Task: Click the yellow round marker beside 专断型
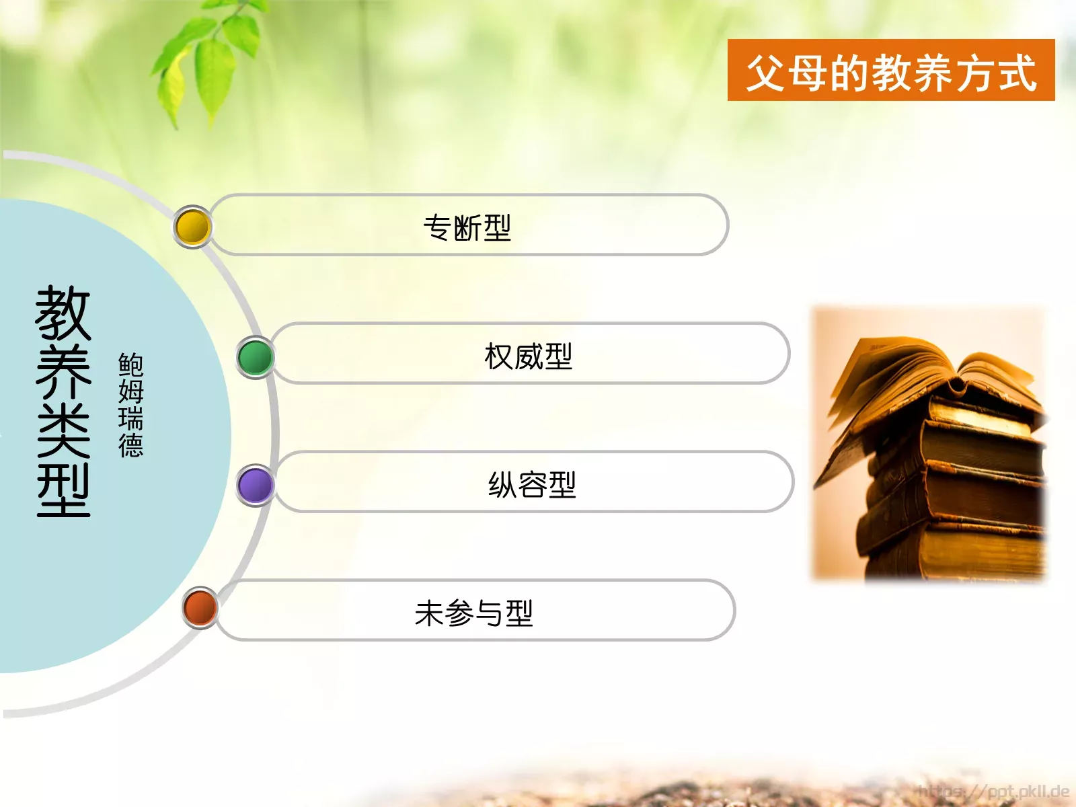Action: (193, 227)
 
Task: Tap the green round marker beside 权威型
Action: (256, 356)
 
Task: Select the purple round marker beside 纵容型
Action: (256, 485)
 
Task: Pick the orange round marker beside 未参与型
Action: (200, 607)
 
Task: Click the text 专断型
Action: (467, 227)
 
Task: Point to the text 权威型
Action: (529, 356)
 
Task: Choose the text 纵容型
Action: (532, 485)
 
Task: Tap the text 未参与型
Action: (474, 613)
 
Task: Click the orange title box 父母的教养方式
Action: (890, 71)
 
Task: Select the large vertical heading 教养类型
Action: (63, 401)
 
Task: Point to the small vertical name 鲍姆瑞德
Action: (130, 405)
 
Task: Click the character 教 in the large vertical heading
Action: (63, 313)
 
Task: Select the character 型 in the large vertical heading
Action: (63, 491)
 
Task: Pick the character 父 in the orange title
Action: (767, 72)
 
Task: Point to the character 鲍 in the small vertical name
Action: (130, 364)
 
